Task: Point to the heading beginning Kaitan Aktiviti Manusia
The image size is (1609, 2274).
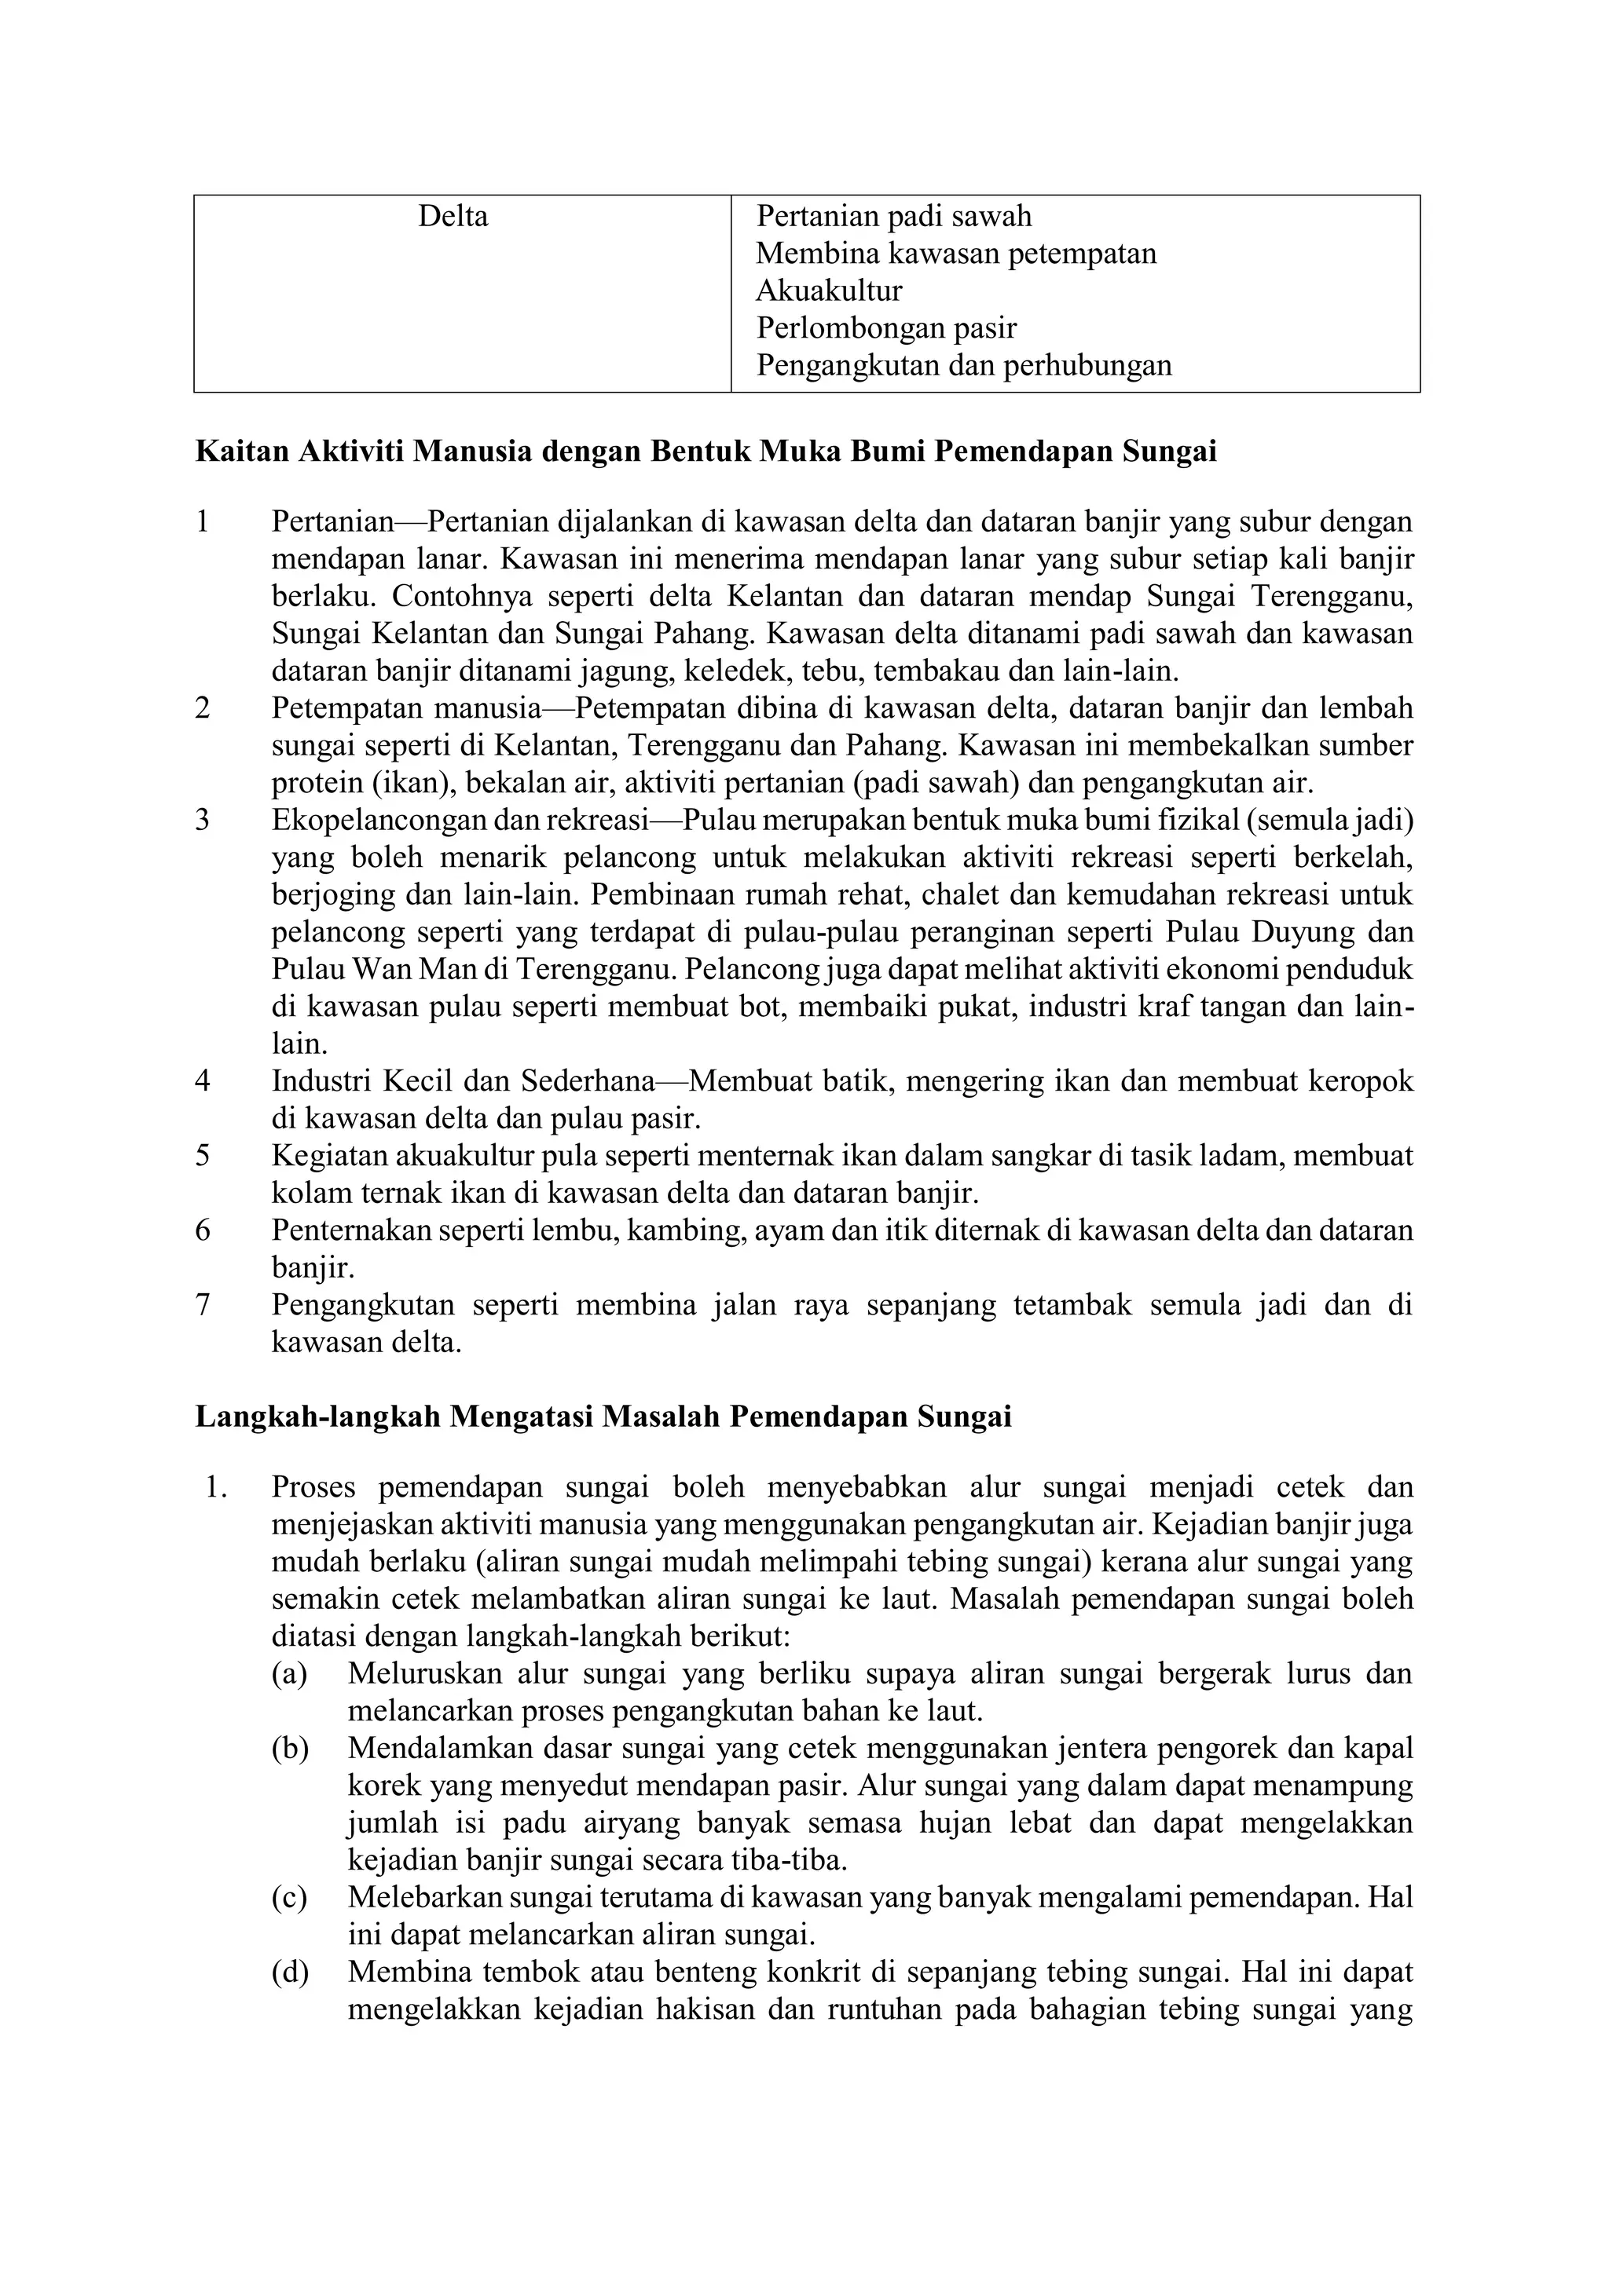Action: coord(706,452)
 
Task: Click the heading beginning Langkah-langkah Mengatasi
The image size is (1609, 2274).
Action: coord(603,1417)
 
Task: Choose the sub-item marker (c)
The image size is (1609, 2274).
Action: coord(289,1898)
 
